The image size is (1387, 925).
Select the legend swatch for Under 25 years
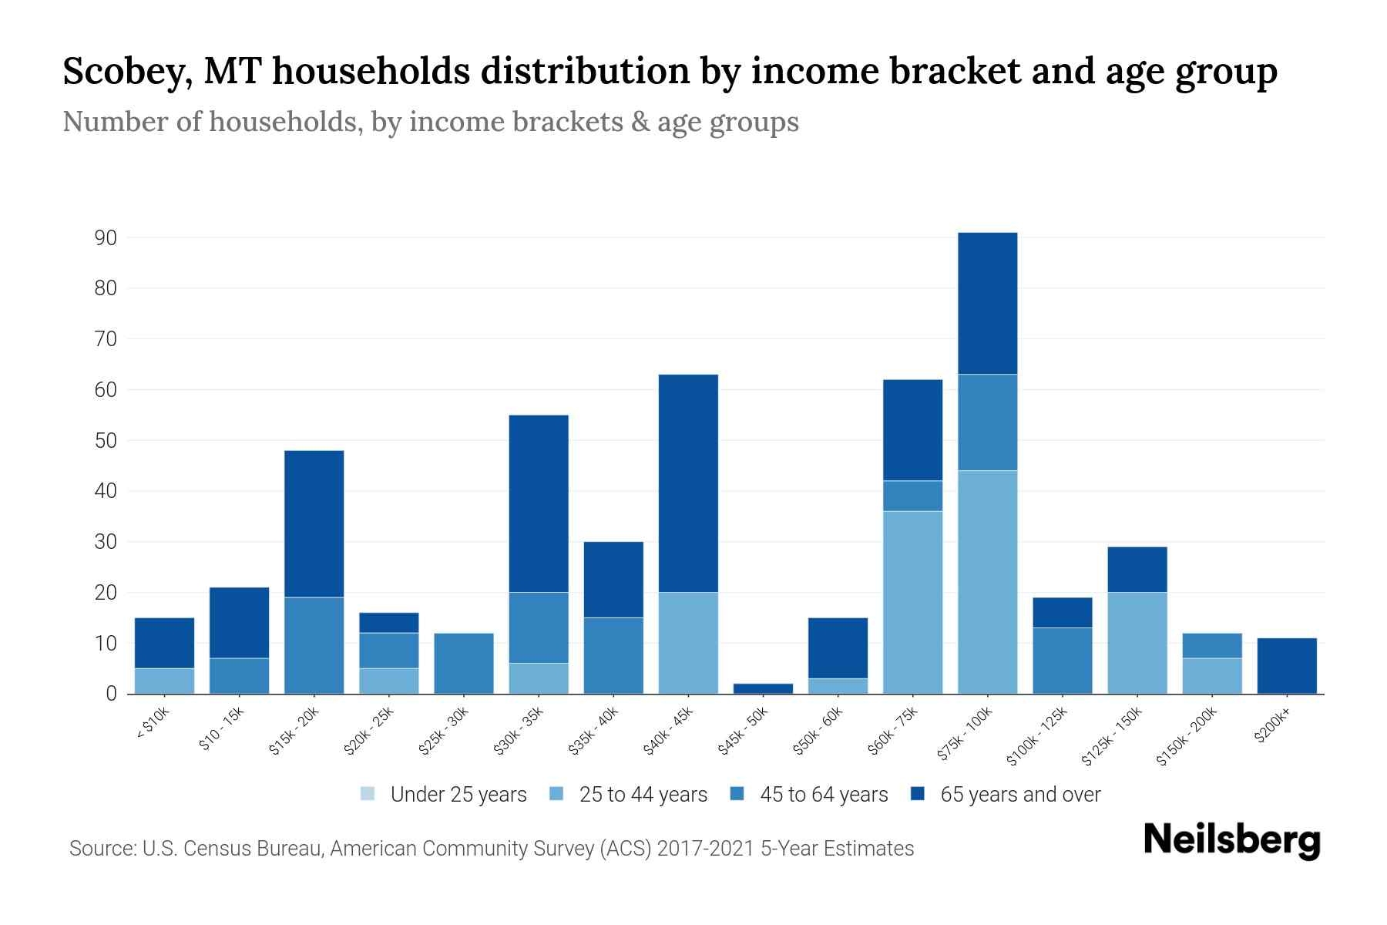tap(368, 794)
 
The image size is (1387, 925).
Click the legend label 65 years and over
tap(1020, 795)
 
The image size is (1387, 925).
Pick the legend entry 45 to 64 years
tap(824, 795)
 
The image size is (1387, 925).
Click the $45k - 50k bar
tap(763, 688)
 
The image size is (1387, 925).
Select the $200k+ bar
tap(1287, 666)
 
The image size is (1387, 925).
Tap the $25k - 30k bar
tap(464, 664)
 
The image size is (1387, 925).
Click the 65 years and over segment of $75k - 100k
tap(987, 303)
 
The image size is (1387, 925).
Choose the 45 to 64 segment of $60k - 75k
tap(912, 496)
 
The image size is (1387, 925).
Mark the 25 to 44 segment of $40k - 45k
tap(688, 643)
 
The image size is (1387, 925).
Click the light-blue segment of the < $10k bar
tap(164, 681)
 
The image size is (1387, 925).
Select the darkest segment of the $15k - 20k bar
tap(314, 524)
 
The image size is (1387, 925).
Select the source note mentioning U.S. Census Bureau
tap(491, 849)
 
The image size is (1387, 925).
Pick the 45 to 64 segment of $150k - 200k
tap(1212, 646)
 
